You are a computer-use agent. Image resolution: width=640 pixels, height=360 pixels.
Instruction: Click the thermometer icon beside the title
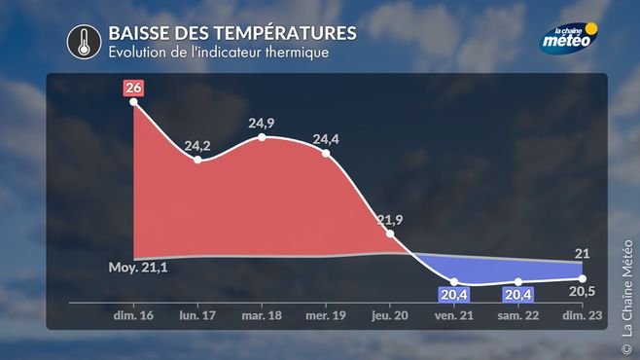pos(84,42)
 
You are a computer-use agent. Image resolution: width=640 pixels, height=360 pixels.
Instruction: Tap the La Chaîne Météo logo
pos(568,38)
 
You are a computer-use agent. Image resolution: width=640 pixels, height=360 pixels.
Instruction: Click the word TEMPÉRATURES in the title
pos(285,33)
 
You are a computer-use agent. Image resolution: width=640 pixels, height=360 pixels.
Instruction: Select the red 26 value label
pos(133,88)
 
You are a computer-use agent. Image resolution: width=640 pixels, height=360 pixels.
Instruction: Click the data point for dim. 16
pos(133,102)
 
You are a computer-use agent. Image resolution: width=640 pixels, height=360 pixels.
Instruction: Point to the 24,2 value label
pos(197,146)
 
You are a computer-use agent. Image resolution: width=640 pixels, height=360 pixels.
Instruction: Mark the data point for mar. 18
pos(262,137)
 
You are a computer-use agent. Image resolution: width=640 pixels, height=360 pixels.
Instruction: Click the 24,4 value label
pos(326,139)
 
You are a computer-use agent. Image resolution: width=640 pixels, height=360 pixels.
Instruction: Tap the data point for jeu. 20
pos(390,234)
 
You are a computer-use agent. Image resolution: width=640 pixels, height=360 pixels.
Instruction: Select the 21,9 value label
pos(390,220)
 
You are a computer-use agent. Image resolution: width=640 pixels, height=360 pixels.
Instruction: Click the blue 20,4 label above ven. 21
pos(453,295)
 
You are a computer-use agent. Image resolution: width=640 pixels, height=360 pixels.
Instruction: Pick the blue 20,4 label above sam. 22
pos(518,295)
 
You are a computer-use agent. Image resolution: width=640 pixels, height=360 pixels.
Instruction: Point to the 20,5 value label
pos(582,292)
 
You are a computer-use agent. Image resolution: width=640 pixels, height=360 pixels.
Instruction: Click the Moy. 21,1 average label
pos(138,268)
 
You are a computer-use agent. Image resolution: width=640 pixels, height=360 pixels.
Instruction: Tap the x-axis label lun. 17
pos(197,315)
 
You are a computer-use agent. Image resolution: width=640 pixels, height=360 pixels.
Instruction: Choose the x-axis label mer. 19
pos(326,315)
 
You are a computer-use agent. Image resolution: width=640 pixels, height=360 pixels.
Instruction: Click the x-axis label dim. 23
pos(582,315)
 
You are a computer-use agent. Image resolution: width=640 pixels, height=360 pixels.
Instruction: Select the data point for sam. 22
pos(518,282)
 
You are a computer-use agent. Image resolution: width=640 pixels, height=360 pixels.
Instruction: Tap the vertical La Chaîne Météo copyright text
pos(627,297)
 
